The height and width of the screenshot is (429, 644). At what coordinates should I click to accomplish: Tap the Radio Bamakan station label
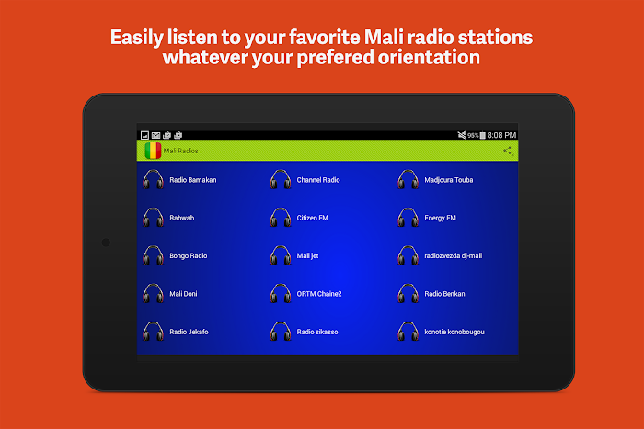(x=192, y=180)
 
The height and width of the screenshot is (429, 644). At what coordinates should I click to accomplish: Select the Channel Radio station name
(x=318, y=180)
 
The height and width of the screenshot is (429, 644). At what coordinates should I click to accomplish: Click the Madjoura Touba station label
(x=449, y=180)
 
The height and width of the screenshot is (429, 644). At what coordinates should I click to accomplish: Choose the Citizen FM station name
(x=312, y=218)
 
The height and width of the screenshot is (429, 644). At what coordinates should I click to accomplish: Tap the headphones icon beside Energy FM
(x=408, y=218)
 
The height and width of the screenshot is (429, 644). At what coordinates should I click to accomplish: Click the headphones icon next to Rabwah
(x=154, y=218)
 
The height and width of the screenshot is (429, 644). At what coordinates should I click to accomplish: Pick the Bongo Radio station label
(x=188, y=256)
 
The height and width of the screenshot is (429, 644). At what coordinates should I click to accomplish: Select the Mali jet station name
(x=307, y=256)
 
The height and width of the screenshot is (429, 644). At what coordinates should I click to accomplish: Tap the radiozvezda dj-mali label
(x=453, y=256)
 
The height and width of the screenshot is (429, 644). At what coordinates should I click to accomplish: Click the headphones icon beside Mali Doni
(x=154, y=293)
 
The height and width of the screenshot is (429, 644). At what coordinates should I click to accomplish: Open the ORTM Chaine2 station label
(x=319, y=294)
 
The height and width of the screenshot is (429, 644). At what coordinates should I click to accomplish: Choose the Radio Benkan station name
(x=444, y=294)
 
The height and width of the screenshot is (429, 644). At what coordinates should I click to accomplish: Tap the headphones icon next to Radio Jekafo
(x=154, y=332)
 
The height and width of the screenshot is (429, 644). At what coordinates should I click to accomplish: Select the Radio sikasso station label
(x=317, y=332)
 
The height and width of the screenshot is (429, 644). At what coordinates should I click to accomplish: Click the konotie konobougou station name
(x=454, y=332)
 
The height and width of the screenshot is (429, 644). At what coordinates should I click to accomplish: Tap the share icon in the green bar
(x=508, y=151)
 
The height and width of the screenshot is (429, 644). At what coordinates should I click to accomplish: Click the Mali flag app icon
(x=153, y=151)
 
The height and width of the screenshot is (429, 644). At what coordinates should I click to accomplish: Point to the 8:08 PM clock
(x=501, y=135)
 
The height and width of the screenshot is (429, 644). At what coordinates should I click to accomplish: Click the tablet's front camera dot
(x=106, y=243)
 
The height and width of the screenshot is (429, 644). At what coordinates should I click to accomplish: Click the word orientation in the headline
(x=429, y=57)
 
